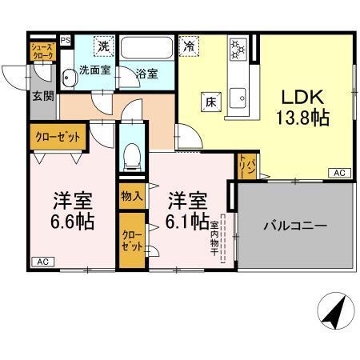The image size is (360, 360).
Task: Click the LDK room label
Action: tap(300, 97)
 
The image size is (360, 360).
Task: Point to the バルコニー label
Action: tap(295, 226)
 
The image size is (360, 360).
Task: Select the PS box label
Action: tap(66, 39)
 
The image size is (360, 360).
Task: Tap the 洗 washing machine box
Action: tap(103, 47)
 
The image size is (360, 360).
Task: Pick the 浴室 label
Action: tap(146, 73)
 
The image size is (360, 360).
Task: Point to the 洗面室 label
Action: tap(95, 71)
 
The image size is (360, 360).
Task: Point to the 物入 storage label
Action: tap(131, 195)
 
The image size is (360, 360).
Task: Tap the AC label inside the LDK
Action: tap(338, 173)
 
